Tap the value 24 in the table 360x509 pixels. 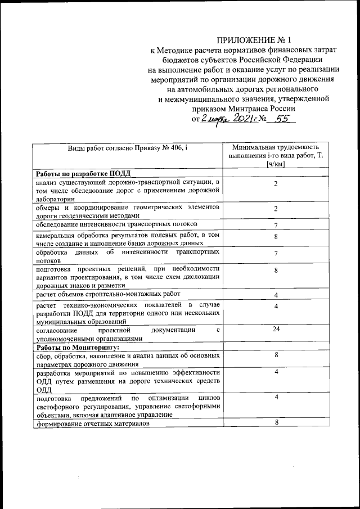coord(276,329)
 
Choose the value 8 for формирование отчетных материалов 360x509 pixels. coord(276,423)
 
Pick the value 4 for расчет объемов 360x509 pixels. coord(276,295)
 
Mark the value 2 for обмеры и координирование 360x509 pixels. coord(276,209)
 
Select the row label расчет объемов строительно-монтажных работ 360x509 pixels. coord(108,294)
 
